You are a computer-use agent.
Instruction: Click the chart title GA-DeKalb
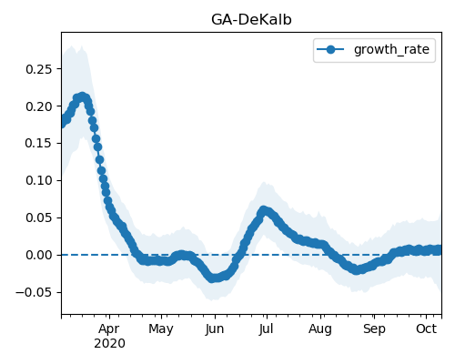point(251,20)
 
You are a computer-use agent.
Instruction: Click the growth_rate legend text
point(391,49)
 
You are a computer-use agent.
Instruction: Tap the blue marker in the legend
point(330,49)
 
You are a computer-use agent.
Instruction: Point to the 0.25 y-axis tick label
point(39,69)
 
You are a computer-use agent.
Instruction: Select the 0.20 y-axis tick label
point(39,106)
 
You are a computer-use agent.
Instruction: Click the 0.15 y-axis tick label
point(39,143)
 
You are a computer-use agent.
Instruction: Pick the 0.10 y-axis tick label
point(39,180)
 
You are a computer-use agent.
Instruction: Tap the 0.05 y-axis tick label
point(39,217)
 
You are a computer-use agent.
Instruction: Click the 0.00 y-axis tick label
point(39,255)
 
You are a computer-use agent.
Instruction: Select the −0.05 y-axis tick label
point(34,292)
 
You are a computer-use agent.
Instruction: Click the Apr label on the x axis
point(109,329)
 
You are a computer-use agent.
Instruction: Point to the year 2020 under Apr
point(109,344)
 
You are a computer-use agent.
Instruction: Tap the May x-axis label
point(161,329)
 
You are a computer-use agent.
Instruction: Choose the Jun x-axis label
point(215,329)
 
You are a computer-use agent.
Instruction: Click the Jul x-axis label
point(266,329)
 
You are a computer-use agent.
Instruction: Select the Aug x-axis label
point(320,329)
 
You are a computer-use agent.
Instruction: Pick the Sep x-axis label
point(374,329)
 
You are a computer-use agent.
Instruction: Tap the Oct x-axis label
point(426,329)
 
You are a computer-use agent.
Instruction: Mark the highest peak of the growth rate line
point(82,97)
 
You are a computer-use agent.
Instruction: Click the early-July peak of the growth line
point(264,210)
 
